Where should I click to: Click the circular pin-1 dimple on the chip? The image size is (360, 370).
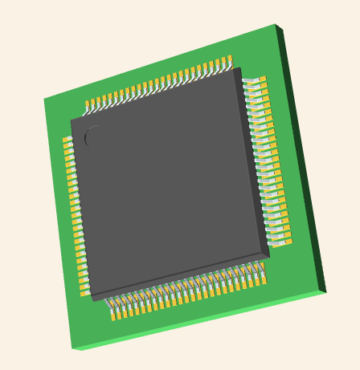coord(94,136)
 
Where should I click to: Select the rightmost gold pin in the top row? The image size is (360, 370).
coord(229,59)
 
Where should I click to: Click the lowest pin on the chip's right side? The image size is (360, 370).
coord(285,241)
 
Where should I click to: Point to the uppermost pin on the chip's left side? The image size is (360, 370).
coord(67,140)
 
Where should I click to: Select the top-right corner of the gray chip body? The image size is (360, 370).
coord(239,69)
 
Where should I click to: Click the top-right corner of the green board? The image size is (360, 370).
coord(276,25)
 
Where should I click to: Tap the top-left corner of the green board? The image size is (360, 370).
coord(44,100)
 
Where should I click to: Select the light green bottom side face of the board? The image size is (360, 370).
coord(201,322)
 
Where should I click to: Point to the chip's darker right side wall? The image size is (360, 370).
coord(253,161)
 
